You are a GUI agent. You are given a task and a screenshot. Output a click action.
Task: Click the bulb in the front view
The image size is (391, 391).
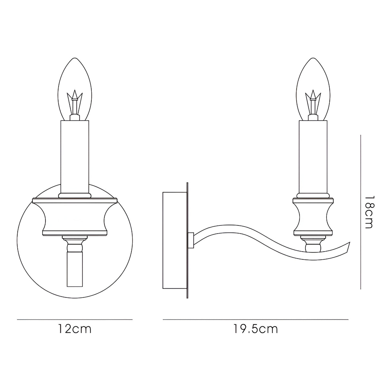[75, 89]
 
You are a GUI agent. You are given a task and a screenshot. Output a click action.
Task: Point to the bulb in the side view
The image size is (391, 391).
[313, 89]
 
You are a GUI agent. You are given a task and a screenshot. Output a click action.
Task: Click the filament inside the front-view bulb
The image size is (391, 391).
[75, 102]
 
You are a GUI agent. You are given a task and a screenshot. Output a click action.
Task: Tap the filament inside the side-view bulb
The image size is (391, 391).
[313, 102]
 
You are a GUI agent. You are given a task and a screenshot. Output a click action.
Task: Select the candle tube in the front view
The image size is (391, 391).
[75, 157]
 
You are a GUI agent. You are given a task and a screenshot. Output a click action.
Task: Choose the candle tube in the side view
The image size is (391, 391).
[313, 157]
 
